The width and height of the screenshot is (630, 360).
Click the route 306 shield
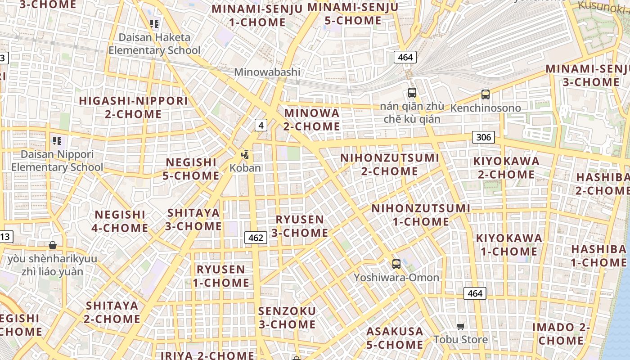tap(483, 137)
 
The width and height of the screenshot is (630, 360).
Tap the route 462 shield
tap(256, 237)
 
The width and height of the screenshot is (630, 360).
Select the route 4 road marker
tap(261, 125)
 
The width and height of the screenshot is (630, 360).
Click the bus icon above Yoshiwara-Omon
tap(396, 264)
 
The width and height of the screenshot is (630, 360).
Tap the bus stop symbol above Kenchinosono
tap(485, 94)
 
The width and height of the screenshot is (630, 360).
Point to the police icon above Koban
tap(245, 155)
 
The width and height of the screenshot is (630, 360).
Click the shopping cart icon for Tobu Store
tap(460, 326)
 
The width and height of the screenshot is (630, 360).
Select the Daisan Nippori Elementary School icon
tap(57, 141)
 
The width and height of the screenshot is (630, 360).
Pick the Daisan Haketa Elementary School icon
tap(154, 23)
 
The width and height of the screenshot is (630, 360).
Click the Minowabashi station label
tap(267, 72)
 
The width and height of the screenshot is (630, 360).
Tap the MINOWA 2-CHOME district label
tap(311, 120)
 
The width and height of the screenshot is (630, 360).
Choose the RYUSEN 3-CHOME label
tap(299, 226)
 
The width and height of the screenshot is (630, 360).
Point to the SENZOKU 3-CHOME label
tap(287, 318)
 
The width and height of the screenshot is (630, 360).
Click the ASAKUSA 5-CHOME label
tap(395, 338)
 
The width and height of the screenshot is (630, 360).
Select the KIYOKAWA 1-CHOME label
tap(509, 245)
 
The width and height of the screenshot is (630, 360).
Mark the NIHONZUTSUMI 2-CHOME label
tap(390, 165)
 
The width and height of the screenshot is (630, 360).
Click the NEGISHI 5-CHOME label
tap(191, 169)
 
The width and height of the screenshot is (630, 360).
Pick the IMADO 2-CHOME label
tap(561, 334)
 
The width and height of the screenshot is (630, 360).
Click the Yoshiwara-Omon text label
tap(396, 278)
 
